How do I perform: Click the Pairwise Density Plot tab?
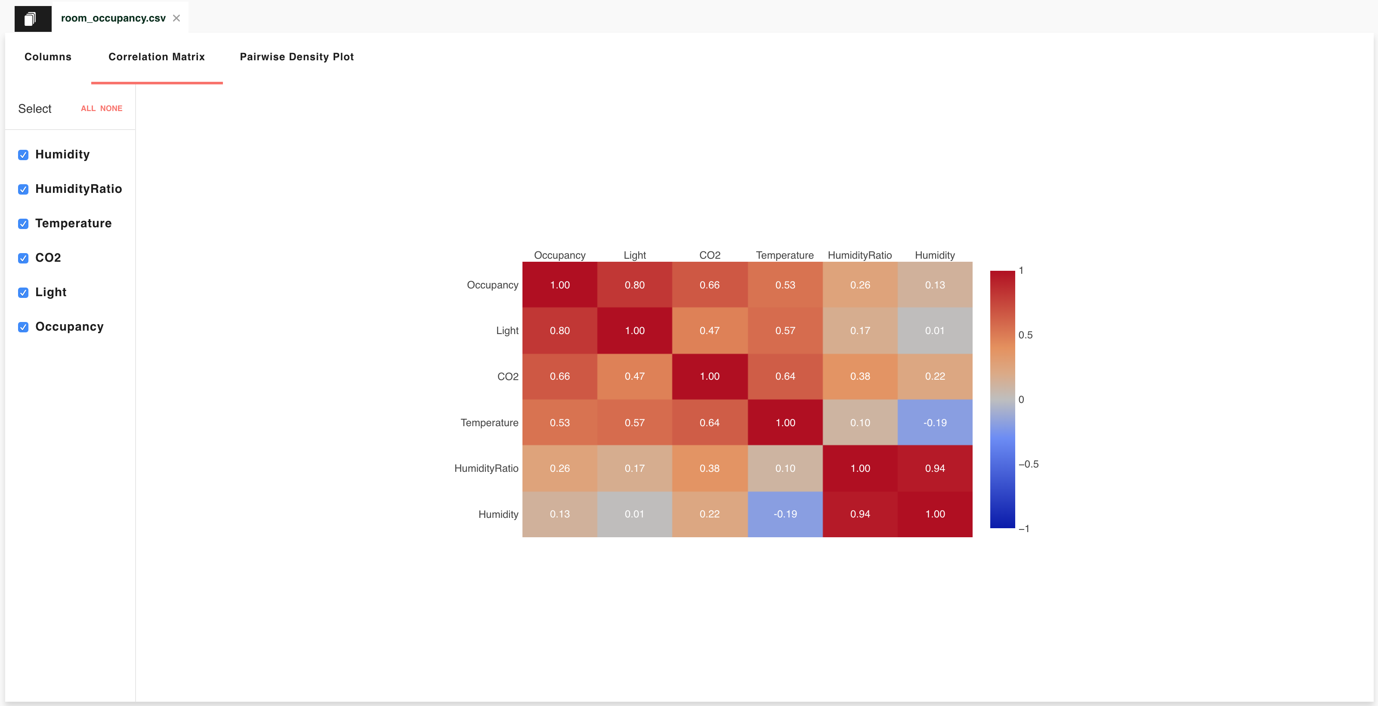[x=297, y=57]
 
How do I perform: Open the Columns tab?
[x=48, y=57]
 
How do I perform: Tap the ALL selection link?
[x=88, y=108]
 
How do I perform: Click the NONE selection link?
[x=111, y=108]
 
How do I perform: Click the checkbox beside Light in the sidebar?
[x=23, y=293]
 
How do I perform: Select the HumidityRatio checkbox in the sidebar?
[x=23, y=189]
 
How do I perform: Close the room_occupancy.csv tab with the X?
[x=176, y=18]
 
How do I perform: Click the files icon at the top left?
[x=33, y=19]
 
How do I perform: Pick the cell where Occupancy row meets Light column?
[x=634, y=285]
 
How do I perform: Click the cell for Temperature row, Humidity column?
[x=935, y=422]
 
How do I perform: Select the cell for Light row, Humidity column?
[x=935, y=331]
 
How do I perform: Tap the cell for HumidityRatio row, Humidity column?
[x=935, y=468]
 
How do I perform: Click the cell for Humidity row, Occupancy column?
[x=559, y=514]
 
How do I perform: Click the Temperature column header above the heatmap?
[x=784, y=255]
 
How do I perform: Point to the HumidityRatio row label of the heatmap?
[x=486, y=468]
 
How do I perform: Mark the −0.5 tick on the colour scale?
[x=1028, y=464]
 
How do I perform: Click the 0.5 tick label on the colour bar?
[x=1025, y=335]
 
